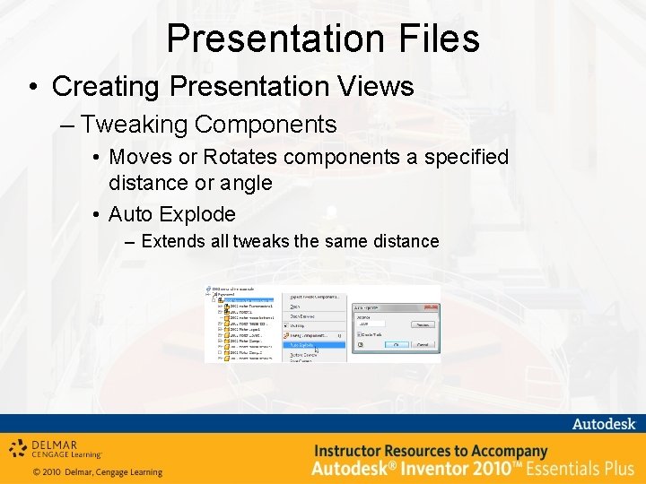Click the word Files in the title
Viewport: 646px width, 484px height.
[439, 39]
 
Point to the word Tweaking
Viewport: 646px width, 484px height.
[134, 124]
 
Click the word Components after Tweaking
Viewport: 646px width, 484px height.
[265, 124]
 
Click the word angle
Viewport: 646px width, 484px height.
[242, 183]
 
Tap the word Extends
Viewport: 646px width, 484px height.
[173, 241]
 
